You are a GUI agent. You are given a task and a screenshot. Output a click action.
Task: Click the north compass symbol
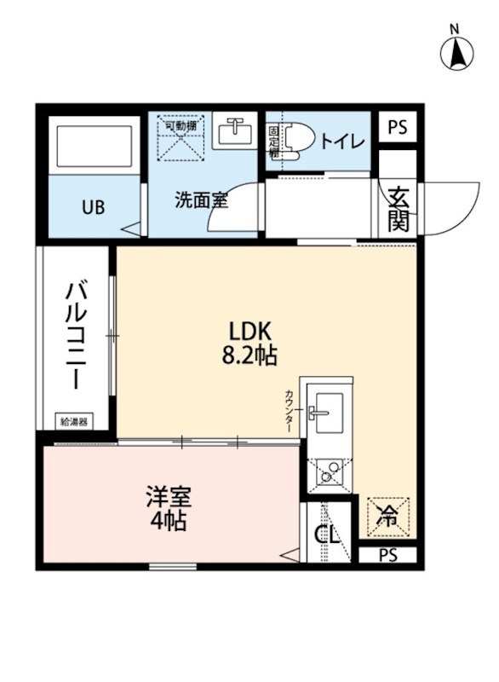click(456, 53)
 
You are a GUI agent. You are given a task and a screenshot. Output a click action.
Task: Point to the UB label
click(93, 207)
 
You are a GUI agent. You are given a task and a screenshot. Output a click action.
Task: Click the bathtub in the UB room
click(93, 147)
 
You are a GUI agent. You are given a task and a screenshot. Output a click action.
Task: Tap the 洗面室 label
click(201, 201)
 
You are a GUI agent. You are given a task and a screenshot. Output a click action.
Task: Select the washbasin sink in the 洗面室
click(233, 132)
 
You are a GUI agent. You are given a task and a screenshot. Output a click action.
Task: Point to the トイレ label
click(341, 141)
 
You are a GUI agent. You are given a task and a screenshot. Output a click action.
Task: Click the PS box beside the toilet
click(397, 128)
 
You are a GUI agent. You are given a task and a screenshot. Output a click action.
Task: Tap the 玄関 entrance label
click(398, 209)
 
